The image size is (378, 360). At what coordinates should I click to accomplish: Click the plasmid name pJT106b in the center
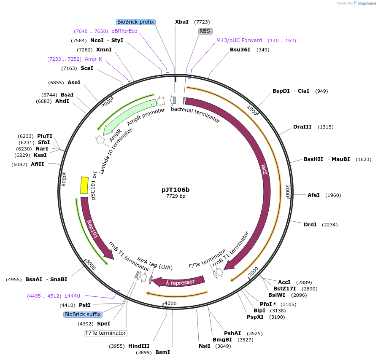(x=175, y=190)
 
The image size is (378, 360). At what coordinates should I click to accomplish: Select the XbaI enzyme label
(x=182, y=22)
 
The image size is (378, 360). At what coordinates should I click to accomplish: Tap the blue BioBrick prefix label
(x=136, y=22)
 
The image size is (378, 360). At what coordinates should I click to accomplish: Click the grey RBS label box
(x=205, y=31)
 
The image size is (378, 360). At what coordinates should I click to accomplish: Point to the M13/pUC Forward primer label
(x=239, y=40)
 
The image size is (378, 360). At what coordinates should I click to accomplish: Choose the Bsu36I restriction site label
(x=240, y=50)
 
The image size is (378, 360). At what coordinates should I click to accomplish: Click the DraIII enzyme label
(x=302, y=127)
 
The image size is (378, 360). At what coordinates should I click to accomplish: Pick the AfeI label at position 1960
(x=313, y=195)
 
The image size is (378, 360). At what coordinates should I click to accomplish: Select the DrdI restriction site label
(x=310, y=225)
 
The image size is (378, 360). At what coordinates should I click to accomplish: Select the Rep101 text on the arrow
(x=92, y=229)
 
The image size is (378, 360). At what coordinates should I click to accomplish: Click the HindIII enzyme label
(x=139, y=346)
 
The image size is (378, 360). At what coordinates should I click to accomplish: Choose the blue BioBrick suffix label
(x=82, y=314)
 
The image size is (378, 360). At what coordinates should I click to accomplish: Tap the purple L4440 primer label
(x=72, y=296)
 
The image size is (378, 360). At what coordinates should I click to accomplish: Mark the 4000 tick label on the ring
(x=170, y=304)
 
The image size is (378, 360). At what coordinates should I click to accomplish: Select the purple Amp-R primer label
(x=93, y=59)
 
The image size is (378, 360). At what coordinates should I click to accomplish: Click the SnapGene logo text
(x=365, y=3)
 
